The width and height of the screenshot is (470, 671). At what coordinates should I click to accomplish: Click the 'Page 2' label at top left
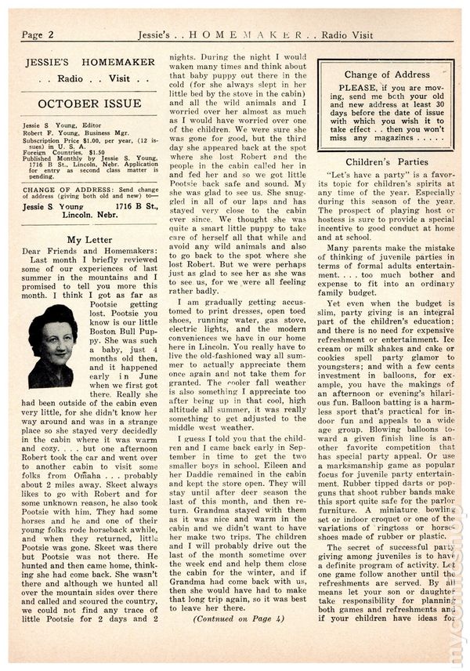[x=38, y=34]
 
